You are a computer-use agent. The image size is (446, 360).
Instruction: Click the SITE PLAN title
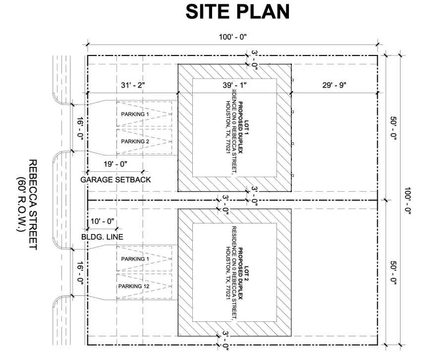click(x=237, y=12)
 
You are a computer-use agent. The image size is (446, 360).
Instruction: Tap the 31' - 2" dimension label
click(x=133, y=85)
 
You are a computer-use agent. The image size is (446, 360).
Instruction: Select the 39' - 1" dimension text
click(x=234, y=85)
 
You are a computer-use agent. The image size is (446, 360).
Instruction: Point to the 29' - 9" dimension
click(x=334, y=85)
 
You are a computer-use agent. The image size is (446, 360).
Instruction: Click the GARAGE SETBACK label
click(x=115, y=180)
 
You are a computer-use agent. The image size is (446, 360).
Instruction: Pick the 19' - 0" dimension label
click(x=115, y=164)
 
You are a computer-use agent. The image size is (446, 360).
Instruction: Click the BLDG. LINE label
click(x=103, y=237)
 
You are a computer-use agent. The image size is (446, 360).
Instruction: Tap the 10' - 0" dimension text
click(x=103, y=221)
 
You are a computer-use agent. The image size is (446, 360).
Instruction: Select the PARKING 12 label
click(x=134, y=286)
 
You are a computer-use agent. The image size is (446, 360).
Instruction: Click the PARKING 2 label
click(x=135, y=141)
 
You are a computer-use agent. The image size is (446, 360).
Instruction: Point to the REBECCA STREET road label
click(x=33, y=205)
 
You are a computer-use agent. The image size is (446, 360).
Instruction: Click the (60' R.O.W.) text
click(x=20, y=205)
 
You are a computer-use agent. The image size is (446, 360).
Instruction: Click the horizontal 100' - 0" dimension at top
click(x=233, y=37)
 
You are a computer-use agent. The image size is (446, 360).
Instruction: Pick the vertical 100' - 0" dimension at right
click(x=407, y=201)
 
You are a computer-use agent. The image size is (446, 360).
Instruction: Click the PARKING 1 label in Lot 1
click(x=135, y=114)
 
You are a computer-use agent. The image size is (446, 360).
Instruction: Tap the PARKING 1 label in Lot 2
click(x=135, y=259)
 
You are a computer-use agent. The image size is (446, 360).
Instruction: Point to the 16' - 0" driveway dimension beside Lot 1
click(x=80, y=128)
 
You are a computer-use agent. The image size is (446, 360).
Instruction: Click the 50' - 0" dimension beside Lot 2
click(x=393, y=272)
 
